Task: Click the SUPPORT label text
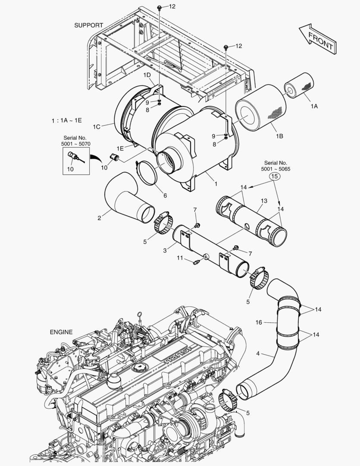coord(89,25)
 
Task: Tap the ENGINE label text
coord(61,332)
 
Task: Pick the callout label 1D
coord(147,75)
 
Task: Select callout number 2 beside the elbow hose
coord(99,218)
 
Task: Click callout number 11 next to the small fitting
coord(180,258)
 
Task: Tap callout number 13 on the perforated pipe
coord(264,201)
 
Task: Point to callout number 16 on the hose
coord(259,322)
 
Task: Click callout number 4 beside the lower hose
coord(258,354)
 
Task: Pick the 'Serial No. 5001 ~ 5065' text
coord(275,166)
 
